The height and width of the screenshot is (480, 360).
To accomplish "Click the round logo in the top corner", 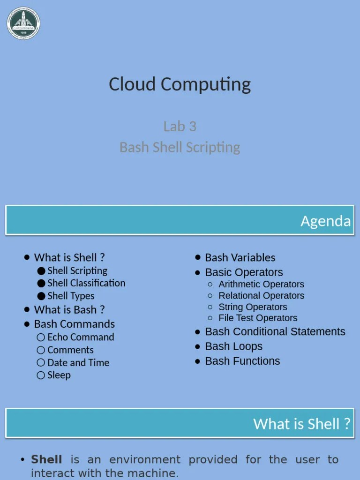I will click(x=23, y=23).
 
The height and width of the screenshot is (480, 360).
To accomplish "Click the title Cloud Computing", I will click(x=180, y=84).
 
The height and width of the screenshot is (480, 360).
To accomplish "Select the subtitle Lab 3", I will click(x=180, y=126).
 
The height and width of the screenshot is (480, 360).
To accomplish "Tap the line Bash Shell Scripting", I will click(x=180, y=147).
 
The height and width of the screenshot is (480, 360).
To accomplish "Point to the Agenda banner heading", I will click(x=325, y=221).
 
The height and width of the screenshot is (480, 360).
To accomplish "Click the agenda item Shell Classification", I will click(x=86, y=283).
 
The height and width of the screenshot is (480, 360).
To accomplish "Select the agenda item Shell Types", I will click(x=71, y=296).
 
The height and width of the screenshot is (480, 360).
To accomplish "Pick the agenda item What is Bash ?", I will click(x=69, y=310).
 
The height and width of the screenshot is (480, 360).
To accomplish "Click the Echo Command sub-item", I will click(x=81, y=337).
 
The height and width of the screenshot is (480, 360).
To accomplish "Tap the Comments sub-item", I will click(x=70, y=350).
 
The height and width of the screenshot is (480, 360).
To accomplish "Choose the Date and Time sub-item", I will click(x=78, y=362).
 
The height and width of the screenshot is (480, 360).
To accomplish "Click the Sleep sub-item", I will click(x=59, y=375).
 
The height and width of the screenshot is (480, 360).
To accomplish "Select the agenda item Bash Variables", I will click(x=240, y=257).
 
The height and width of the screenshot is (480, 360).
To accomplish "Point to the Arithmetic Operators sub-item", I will click(x=261, y=284).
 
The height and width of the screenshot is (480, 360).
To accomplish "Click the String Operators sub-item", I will click(x=253, y=307).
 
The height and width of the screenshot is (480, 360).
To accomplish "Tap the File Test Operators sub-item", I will click(x=258, y=318).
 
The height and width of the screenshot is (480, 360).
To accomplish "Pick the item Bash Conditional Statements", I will click(x=275, y=332).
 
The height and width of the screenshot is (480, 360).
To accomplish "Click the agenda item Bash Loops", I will click(x=233, y=346).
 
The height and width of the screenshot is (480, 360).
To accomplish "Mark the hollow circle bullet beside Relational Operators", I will click(x=210, y=296).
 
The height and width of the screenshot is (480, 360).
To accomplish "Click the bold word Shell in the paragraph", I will click(x=46, y=460).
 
